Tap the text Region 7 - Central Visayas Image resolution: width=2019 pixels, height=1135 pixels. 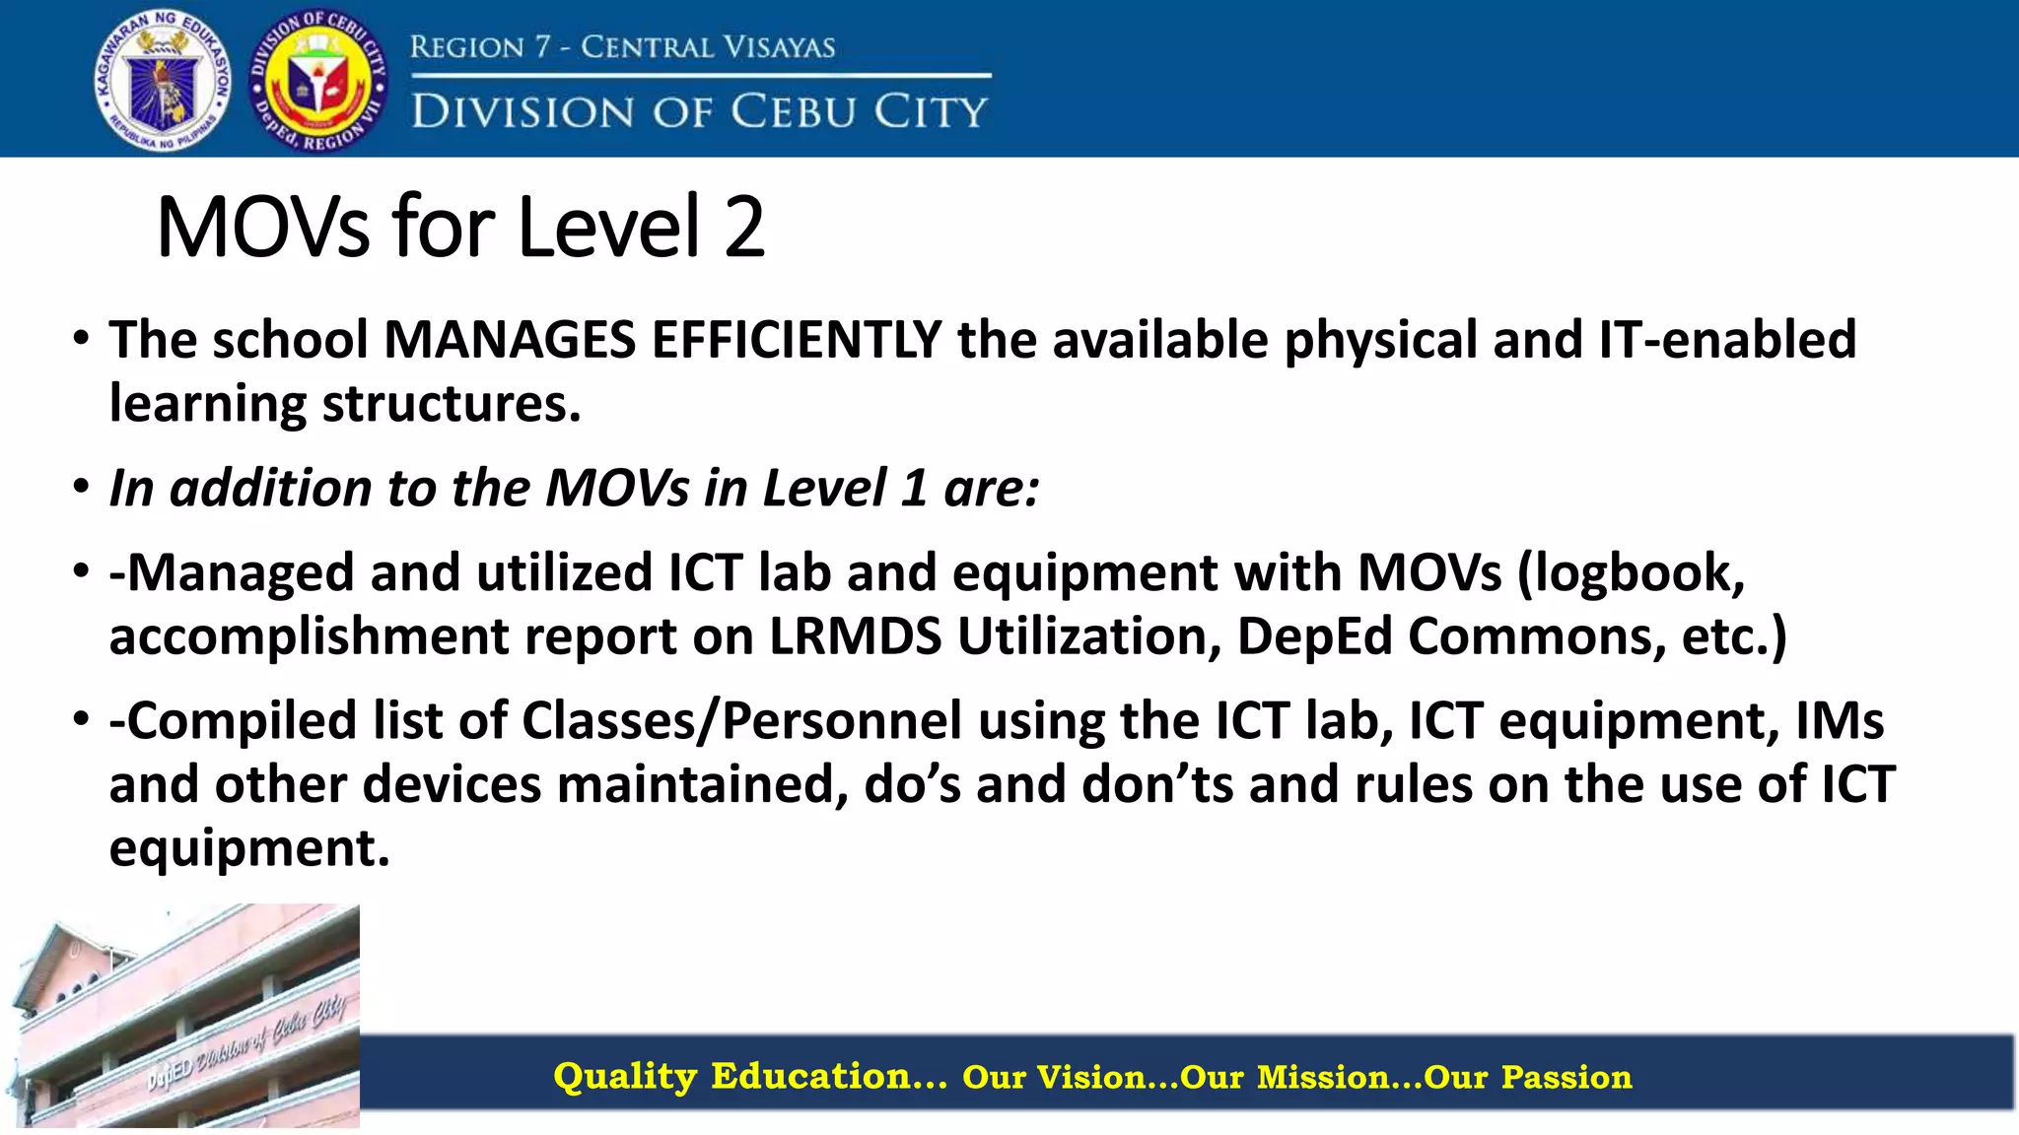point(622,46)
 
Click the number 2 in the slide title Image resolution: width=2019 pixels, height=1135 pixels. point(744,228)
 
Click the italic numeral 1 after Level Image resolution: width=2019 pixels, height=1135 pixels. point(914,488)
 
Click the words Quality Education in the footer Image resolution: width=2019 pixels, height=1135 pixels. point(749,1076)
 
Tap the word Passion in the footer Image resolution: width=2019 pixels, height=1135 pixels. point(1566,1077)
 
